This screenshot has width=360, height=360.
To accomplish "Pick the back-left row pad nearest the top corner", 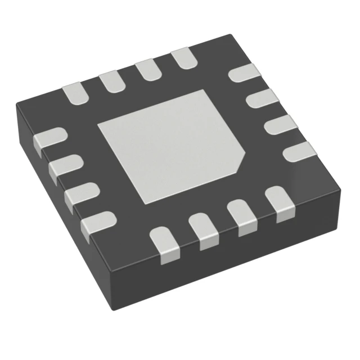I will [182, 58].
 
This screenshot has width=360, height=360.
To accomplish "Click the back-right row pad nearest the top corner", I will [245, 74].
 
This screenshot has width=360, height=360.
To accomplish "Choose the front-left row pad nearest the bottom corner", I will [96, 223].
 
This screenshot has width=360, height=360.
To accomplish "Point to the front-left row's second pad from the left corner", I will [65, 166].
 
